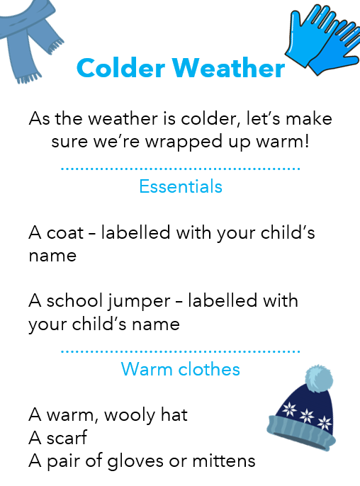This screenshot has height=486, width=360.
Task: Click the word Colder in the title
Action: [120, 67]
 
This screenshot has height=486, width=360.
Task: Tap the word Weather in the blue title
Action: [228, 67]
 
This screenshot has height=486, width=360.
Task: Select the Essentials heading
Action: [181, 186]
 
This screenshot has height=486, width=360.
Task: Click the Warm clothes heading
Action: [181, 369]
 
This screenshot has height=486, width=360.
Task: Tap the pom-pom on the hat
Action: [319, 379]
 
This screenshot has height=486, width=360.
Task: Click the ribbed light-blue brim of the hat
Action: [300, 432]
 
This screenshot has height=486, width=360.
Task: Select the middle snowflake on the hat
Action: [307, 415]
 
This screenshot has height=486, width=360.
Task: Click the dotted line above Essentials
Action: [181, 169]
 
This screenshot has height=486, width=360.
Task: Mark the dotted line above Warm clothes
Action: [181, 351]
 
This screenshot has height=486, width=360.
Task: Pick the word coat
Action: [65, 232]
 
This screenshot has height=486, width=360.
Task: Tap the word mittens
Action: [223, 461]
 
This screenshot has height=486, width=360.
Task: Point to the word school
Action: [74, 300]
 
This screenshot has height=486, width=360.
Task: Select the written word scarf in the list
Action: [67, 438]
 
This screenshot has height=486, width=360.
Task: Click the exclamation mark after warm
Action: [307, 141]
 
